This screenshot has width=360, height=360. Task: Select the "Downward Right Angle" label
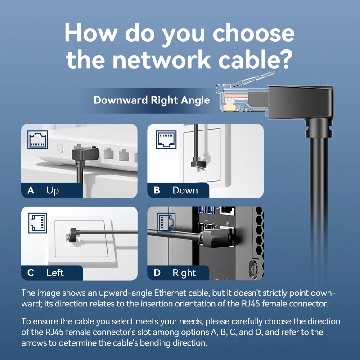(x=152, y=100)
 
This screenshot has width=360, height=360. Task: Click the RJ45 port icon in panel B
(x=166, y=139)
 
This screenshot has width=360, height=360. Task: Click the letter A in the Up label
(x=31, y=190)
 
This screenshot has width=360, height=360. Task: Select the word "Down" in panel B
(x=185, y=190)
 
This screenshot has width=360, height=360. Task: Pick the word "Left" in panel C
(x=55, y=273)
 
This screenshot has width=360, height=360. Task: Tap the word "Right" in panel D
(x=184, y=273)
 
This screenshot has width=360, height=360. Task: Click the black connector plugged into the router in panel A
(x=81, y=154)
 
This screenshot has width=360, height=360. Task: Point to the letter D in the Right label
(x=157, y=273)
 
